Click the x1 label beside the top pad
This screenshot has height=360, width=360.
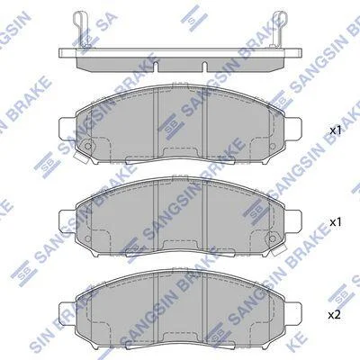336,130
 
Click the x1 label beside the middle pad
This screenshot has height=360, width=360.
336,222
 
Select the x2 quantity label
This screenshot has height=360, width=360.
336,315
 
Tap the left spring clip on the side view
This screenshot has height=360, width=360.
81,29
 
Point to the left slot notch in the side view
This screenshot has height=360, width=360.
156,67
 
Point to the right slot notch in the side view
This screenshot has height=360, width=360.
204,67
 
